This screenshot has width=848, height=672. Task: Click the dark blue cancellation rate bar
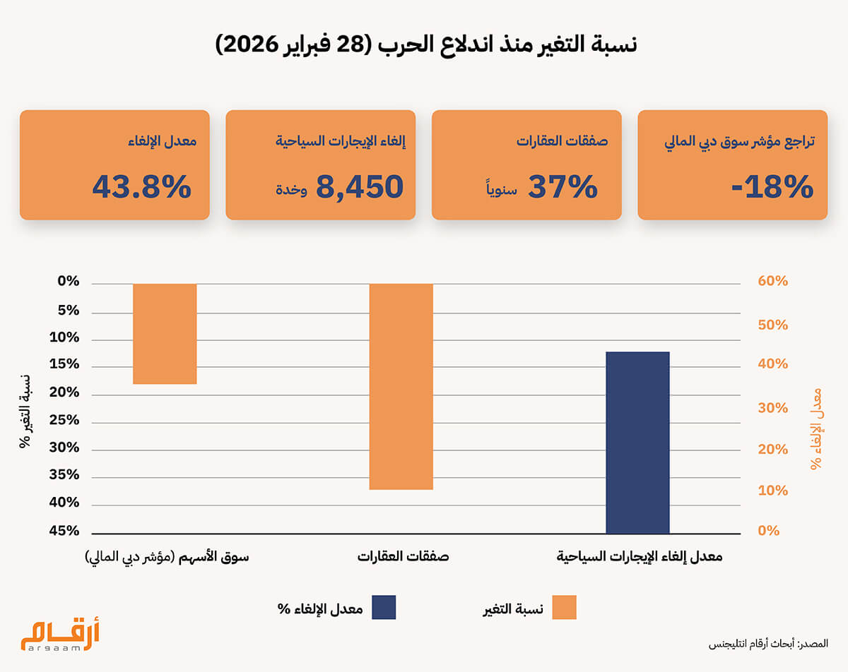637,442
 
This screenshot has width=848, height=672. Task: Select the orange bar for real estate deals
401,386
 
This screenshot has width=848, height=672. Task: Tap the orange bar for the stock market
165,333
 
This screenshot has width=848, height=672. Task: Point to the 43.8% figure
141,186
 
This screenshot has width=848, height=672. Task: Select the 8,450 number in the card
359,186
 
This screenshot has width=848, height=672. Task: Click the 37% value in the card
563,186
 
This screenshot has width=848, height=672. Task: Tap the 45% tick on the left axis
64,532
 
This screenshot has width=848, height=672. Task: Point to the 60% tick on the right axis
772,282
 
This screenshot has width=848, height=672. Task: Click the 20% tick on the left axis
64,393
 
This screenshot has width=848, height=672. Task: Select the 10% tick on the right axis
772,490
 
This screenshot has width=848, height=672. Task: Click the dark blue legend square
384,608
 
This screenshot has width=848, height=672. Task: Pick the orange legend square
565,608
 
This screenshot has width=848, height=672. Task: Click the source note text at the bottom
768,644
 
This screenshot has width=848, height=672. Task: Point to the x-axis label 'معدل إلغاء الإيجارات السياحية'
640,556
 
